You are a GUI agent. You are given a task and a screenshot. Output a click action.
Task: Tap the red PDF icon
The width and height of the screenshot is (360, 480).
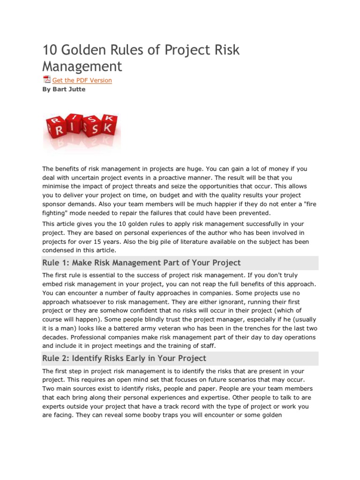[46, 80]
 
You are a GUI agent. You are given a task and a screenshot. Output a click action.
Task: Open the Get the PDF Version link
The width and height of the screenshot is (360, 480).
[82, 80]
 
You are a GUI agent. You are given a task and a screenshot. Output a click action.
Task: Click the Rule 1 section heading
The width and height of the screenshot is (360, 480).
[141, 262]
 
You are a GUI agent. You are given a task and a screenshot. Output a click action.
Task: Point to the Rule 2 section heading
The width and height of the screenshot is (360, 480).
[124, 358]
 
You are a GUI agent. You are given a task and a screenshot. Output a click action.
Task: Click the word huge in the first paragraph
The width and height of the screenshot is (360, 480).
[200, 169]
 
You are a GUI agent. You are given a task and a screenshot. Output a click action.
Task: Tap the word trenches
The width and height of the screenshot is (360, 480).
[252, 329]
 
